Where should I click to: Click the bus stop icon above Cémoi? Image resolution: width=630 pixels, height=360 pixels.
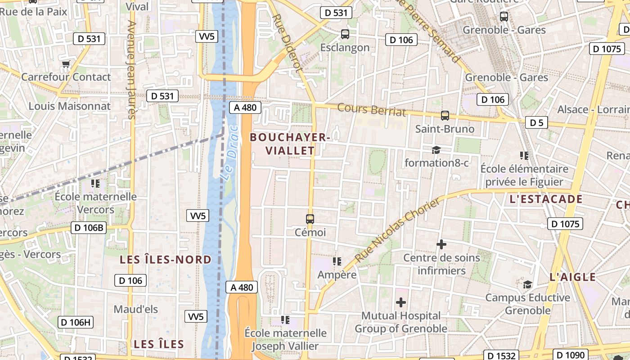pyautogui.click(x=310, y=219)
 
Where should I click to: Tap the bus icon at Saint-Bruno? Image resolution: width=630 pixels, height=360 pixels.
pyautogui.click(x=445, y=116)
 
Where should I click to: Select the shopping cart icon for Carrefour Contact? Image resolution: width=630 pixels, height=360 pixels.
pyautogui.click(x=66, y=64)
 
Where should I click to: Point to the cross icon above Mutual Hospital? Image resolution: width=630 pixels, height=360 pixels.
pyautogui.click(x=400, y=302)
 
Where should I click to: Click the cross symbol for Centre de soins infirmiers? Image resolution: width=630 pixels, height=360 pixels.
pyautogui.click(x=441, y=244)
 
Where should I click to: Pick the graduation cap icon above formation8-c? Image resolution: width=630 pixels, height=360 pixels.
pyautogui.click(x=436, y=150)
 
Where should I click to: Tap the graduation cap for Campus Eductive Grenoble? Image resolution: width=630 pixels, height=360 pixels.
pyautogui.click(x=527, y=284)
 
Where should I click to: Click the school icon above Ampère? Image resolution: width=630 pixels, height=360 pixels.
pyautogui.click(x=337, y=261)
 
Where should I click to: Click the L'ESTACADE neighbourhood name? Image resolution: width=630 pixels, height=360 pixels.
pyautogui.click(x=546, y=199)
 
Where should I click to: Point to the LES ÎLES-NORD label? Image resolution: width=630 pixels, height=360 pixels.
pyautogui.click(x=166, y=260)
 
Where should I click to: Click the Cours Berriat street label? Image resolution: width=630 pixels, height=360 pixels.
pyautogui.click(x=371, y=109)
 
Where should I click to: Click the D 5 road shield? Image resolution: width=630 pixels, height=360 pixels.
pyautogui.click(x=536, y=122)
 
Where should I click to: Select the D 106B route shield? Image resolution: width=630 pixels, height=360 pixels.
pyautogui.click(x=89, y=228)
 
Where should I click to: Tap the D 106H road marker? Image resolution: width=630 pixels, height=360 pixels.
pyautogui.click(x=76, y=322)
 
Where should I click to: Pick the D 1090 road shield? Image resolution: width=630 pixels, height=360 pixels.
pyautogui.click(x=570, y=355)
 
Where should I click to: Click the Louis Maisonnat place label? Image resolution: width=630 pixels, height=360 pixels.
pyautogui.click(x=70, y=106)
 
